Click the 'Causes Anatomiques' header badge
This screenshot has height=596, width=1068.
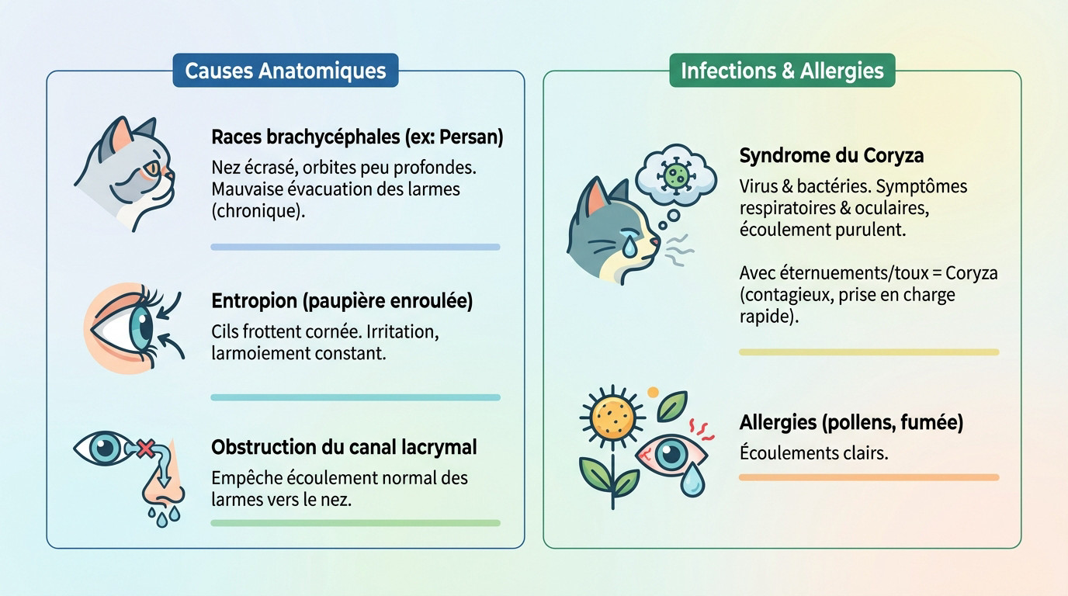[285, 71]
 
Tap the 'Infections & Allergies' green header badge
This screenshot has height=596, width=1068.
[782, 71]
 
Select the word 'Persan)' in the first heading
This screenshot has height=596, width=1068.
[471, 137]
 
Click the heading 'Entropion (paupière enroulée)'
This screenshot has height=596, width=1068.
[342, 301]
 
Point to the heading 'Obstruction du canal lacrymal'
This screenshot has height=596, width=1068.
[344, 447]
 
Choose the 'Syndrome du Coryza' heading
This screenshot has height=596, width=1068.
[831, 155]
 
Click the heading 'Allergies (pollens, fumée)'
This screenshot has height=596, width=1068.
[851, 423]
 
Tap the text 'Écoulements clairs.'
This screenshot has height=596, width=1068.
[813, 452]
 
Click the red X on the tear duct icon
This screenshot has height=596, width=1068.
[144, 448]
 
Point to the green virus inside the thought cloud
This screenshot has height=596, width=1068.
[672, 175]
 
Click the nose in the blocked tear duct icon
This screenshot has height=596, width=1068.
[160, 489]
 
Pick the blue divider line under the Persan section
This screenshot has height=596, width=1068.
[355, 247]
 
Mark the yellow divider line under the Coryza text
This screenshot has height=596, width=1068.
[869, 352]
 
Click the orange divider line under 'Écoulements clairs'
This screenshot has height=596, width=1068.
[869, 477]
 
